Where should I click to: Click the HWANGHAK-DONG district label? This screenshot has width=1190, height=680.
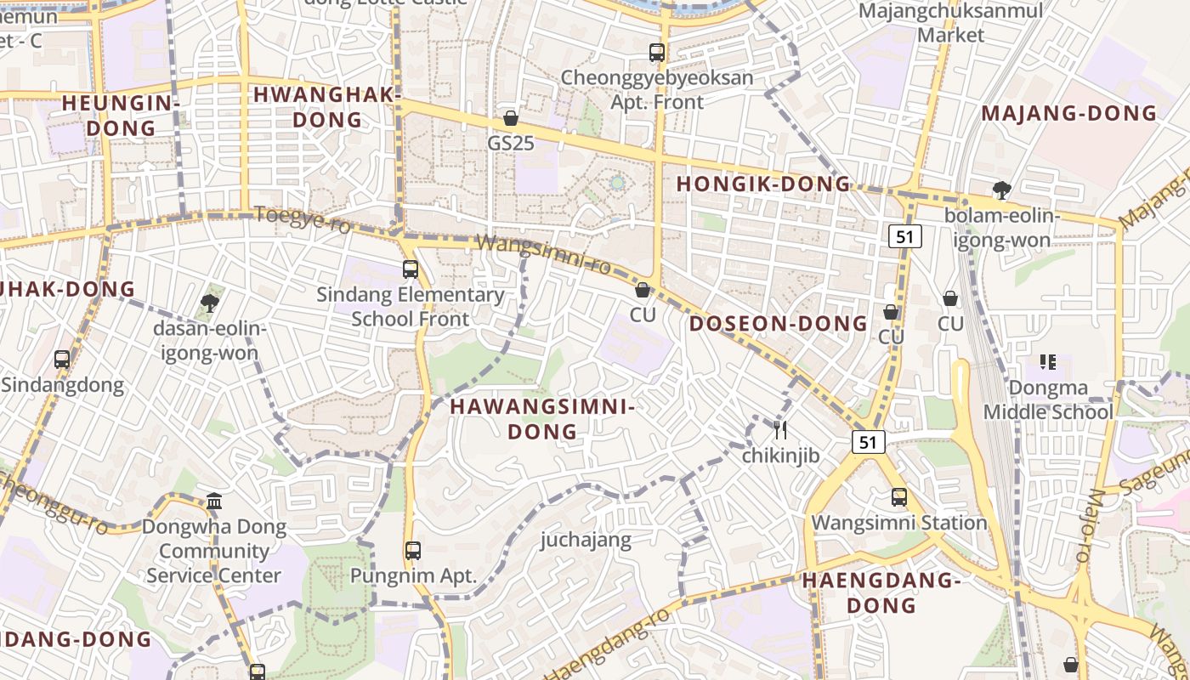tap(327, 107)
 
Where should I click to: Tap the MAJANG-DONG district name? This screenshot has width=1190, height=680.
tap(1069, 113)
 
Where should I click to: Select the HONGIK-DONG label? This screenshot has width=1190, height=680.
tap(762, 184)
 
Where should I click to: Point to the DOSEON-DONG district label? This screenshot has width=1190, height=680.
tap(778, 324)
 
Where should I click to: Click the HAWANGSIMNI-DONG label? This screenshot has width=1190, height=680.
tap(542, 419)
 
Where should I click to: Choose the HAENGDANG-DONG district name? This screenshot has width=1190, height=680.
tap(881, 593)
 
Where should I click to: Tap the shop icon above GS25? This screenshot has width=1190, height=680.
tap(511, 118)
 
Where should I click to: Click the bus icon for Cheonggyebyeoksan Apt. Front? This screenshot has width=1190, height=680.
tap(657, 53)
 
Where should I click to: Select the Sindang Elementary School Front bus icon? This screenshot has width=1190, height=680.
tap(411, 269)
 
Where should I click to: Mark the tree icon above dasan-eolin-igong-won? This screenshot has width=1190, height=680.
tap(210, 303)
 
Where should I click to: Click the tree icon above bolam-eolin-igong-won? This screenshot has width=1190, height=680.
tap(1002, 190)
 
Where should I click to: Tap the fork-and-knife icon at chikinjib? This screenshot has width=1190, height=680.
tap(780, 430)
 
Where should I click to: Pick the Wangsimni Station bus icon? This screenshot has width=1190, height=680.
tap(899, 497)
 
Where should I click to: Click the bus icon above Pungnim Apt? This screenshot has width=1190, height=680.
tap(413, 551)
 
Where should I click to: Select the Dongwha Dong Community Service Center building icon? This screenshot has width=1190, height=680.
tap(214, 501)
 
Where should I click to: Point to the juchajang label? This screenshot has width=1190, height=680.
tap(586, 540)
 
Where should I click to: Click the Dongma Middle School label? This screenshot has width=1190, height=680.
tap(1048, 400)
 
